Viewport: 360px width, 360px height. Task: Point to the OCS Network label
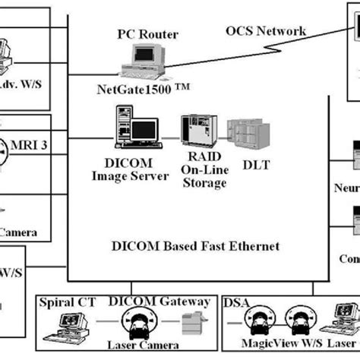click(266, 30)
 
